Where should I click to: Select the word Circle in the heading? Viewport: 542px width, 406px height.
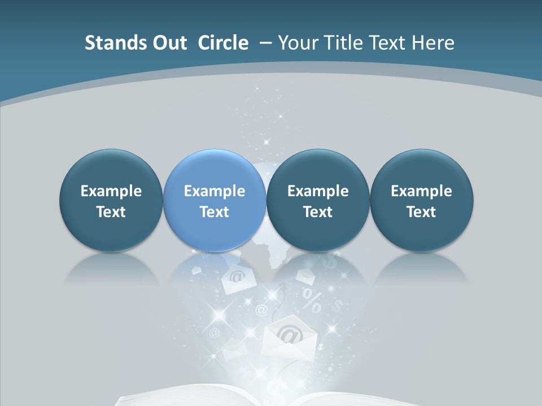223,43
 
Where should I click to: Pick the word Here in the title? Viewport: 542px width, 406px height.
434,43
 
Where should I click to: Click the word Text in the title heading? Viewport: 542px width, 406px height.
388,43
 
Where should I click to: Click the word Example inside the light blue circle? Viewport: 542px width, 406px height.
215,191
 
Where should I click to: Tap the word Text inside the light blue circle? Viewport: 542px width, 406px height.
215,212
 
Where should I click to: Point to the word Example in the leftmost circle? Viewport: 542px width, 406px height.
111,191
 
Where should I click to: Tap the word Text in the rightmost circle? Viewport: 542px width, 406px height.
422,212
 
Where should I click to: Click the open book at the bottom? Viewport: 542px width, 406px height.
271,398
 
